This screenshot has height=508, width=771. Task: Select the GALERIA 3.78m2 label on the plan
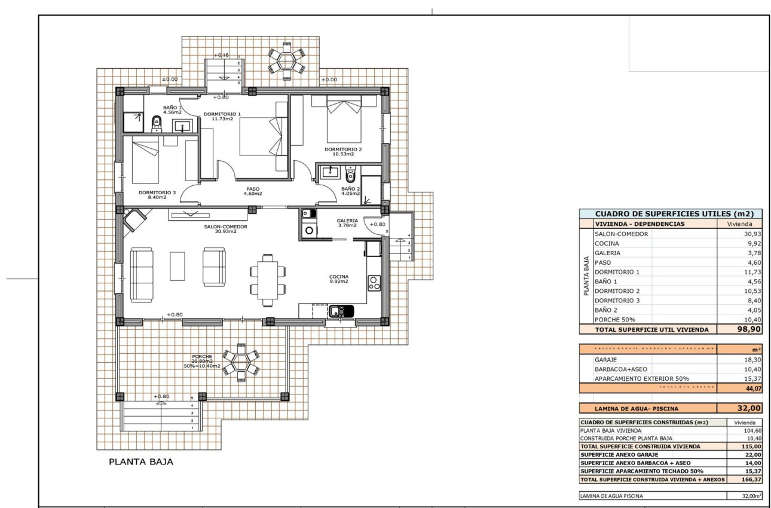click(347, 222)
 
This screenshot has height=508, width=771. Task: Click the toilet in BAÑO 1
click(157, 124)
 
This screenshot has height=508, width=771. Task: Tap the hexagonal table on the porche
click(241, 360)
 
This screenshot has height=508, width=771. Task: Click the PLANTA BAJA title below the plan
click(140, 462)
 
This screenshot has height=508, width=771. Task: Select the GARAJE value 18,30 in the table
click(751, 360)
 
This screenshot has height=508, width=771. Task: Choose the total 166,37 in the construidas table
click(748, 479)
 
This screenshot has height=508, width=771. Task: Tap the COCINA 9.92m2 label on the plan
click(338, 279)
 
